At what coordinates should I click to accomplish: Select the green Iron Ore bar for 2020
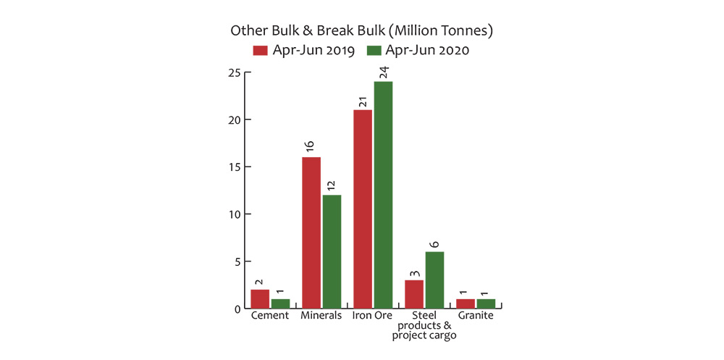(383, 195)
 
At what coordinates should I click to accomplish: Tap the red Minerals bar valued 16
(311, 233)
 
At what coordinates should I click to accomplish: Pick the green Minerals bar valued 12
(332, 251)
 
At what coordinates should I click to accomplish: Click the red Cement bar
(259, 298)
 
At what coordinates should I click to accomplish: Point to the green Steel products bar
(434, 280)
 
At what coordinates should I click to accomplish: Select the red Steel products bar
(413, 293)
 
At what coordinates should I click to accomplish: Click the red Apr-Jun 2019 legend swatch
(260, 50)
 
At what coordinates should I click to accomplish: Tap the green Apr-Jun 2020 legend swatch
(374, 50)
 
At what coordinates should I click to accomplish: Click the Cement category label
(270, 317)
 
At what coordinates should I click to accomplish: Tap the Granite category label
(476, 317)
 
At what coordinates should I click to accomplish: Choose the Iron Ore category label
(373, 317)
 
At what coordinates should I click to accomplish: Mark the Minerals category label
(321, 317)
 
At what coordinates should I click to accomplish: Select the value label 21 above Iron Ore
(362, 99)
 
